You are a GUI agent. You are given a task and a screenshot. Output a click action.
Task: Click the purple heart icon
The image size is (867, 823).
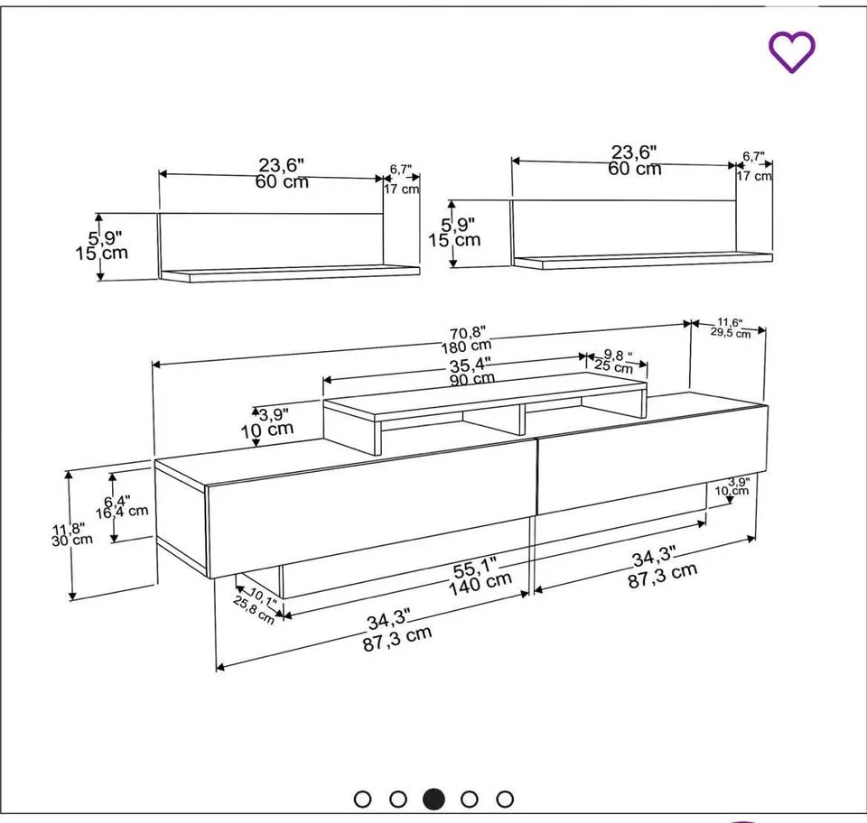[792, 51]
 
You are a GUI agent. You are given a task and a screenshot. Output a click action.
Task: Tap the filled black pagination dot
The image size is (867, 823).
[433, 799]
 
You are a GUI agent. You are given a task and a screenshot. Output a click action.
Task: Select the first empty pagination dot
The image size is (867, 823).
[363, 799]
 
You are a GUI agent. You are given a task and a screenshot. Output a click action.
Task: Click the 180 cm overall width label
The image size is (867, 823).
[467, 345]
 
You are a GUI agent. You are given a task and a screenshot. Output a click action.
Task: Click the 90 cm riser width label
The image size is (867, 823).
[471, 379]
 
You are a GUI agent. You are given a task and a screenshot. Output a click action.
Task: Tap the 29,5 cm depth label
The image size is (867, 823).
[731, 333]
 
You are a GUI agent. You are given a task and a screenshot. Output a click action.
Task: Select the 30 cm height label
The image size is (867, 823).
[71, 541]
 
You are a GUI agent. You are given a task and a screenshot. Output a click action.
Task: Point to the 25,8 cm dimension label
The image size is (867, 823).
[254, 612]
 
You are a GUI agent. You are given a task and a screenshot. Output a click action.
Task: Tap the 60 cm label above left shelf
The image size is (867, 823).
[282, 181]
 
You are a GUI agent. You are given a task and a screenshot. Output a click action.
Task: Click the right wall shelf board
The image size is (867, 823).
[642, 261]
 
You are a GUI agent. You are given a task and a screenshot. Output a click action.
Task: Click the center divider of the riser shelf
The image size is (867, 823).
[523, 421]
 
